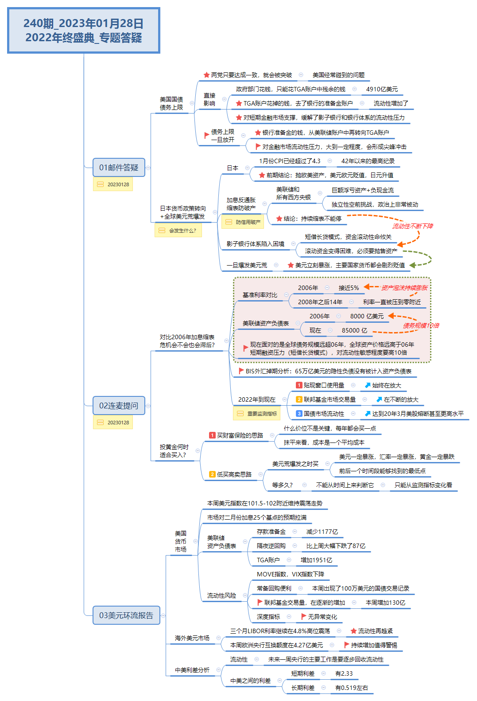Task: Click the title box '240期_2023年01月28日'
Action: (84, 30)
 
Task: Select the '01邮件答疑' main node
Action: (119, 168)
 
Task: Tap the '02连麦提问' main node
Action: (119, 406)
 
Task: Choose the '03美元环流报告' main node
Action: (126, 615)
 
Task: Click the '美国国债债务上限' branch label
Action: (171, 103)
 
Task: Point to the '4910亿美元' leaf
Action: (382, 90)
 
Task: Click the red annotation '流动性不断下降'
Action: (413, 226)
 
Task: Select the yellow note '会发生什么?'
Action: (178, 231)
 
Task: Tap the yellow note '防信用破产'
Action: (243, 222)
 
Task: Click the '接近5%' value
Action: (349, 288)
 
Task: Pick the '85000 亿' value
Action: (354, 331)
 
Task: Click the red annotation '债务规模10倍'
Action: (421, 325)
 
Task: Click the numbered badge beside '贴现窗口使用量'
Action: (299, 386)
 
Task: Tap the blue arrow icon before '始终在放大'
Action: (368, 386)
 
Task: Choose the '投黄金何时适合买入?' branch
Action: (174, 451)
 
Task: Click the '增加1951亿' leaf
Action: (316, 560)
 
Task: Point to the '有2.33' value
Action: (344, 674)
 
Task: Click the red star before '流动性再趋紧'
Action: (353, 631)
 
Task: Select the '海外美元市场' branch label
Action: (192, 638)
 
